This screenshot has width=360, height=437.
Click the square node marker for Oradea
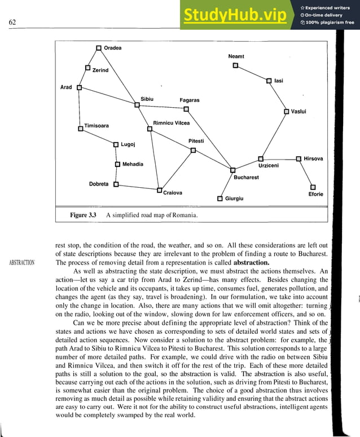click(99, 48)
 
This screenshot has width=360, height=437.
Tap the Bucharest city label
click(246, 178)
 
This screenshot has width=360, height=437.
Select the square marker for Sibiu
click(137, 104)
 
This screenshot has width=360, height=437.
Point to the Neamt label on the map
click(236, 57)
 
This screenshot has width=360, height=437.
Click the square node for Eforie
click(313, 187)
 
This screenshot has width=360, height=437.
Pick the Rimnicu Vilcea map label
click(172, 123)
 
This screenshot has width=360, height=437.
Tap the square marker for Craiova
click(159, 190)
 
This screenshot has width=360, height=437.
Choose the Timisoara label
click(96, 126)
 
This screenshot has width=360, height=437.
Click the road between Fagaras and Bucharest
click(209, 139)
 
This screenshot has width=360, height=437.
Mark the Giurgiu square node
click(219, 198)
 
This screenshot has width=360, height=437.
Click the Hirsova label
click(313, 159)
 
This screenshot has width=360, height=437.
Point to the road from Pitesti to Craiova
click(176, 170)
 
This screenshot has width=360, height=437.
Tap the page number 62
click(12, 23)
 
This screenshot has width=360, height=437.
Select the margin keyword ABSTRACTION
click(21, 262)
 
